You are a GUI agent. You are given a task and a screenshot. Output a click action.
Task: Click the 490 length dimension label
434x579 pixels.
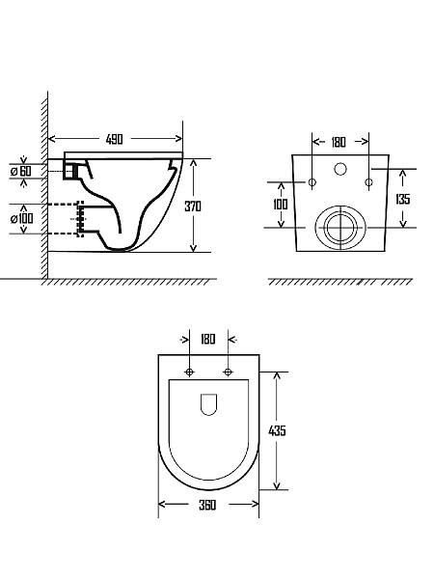coord(115,139)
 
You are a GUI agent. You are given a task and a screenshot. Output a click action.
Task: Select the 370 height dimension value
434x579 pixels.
coord(193,207)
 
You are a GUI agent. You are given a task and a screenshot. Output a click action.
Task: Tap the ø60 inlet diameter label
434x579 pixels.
coord(21,171)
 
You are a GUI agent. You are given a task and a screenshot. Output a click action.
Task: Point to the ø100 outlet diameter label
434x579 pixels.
coord(22,219)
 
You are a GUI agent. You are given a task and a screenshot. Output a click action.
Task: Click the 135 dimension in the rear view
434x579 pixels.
coord(402,199)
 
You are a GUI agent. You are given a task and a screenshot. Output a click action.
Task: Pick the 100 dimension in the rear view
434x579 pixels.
coord(281,205)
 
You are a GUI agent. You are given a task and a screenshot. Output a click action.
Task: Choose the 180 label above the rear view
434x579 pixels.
coord(339,142)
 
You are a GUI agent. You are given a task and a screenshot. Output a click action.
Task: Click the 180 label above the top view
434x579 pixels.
coord(208,340)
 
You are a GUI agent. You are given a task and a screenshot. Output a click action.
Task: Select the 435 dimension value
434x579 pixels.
coord(277,430)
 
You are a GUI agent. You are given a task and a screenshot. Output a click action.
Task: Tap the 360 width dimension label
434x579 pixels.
coord(207,505)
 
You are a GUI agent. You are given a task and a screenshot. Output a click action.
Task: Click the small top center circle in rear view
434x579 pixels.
coord(340,169)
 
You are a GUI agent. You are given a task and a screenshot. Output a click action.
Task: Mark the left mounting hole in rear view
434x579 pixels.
coord(312,182)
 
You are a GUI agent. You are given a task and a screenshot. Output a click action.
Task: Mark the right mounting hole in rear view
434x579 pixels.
coord(368,182)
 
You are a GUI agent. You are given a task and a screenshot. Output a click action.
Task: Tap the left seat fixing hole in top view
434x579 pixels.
coord(189,372)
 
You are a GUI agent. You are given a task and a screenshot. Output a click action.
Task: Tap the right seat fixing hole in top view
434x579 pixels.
coord(228,372)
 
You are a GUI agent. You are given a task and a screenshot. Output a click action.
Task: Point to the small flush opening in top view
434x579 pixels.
coord(208,404)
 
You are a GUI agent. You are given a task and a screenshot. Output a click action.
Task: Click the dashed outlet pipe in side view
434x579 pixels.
coord(81,219)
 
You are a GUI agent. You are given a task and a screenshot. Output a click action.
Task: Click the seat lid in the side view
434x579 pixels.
coord(123,155)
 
